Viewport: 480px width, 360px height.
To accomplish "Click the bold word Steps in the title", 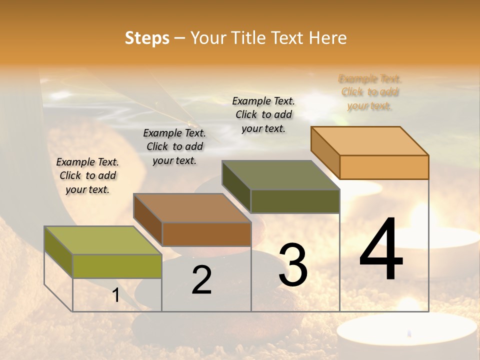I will [147, 38].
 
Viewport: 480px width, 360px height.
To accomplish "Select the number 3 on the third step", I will [293, 265].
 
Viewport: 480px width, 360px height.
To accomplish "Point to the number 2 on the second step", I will [201, 280].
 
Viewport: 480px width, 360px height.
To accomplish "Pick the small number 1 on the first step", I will [116, 295].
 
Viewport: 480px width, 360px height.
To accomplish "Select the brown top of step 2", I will [192, 208].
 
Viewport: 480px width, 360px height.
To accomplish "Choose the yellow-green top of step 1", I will [103, 240].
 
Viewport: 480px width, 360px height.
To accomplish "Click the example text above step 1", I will [87, 175].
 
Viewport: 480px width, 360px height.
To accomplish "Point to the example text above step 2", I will [174, 146].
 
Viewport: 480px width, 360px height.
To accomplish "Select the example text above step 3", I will [263, 114].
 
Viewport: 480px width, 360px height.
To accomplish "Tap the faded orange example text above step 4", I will [370, 92].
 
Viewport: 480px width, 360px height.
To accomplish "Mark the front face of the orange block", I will [384, 167].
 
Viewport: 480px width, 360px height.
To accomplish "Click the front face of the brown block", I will [206, 234].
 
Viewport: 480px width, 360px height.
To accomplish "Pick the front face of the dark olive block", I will [295, 201].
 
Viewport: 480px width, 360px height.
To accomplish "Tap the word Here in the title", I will [328, 38].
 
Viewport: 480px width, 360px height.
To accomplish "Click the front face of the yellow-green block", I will [117, 266].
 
